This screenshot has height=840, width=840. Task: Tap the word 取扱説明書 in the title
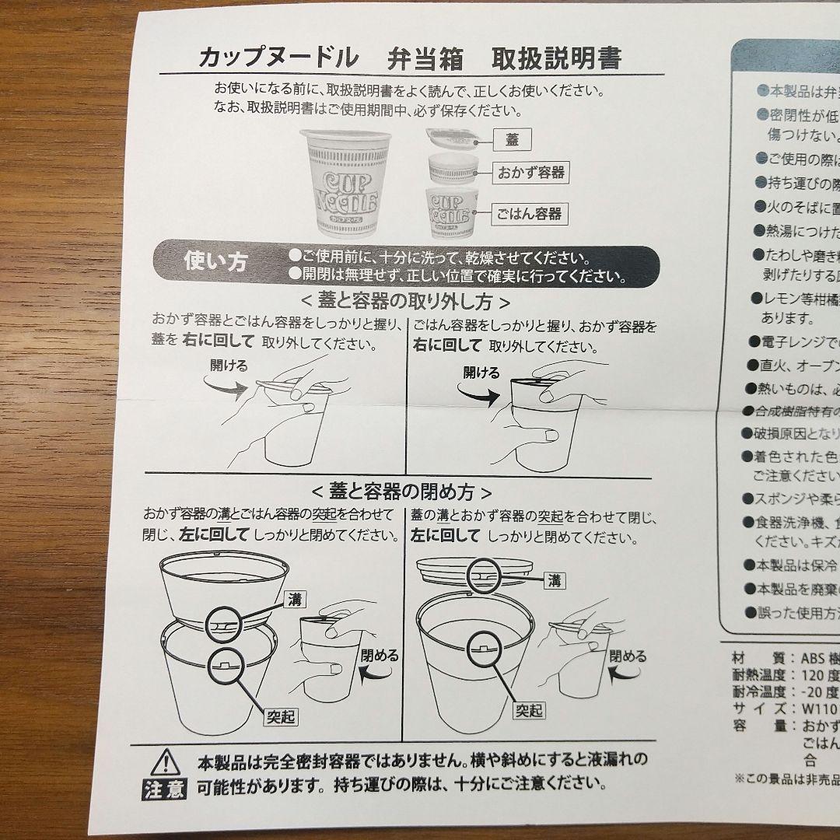pos(557,58)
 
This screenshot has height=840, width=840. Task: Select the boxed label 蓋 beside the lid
pos(512,140)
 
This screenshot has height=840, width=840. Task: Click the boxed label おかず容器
pos(531,173)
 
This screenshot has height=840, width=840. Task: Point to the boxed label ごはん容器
pos(531,213)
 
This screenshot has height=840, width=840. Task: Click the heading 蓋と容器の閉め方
pos(401,492)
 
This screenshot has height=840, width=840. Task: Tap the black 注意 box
pos(164,792)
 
